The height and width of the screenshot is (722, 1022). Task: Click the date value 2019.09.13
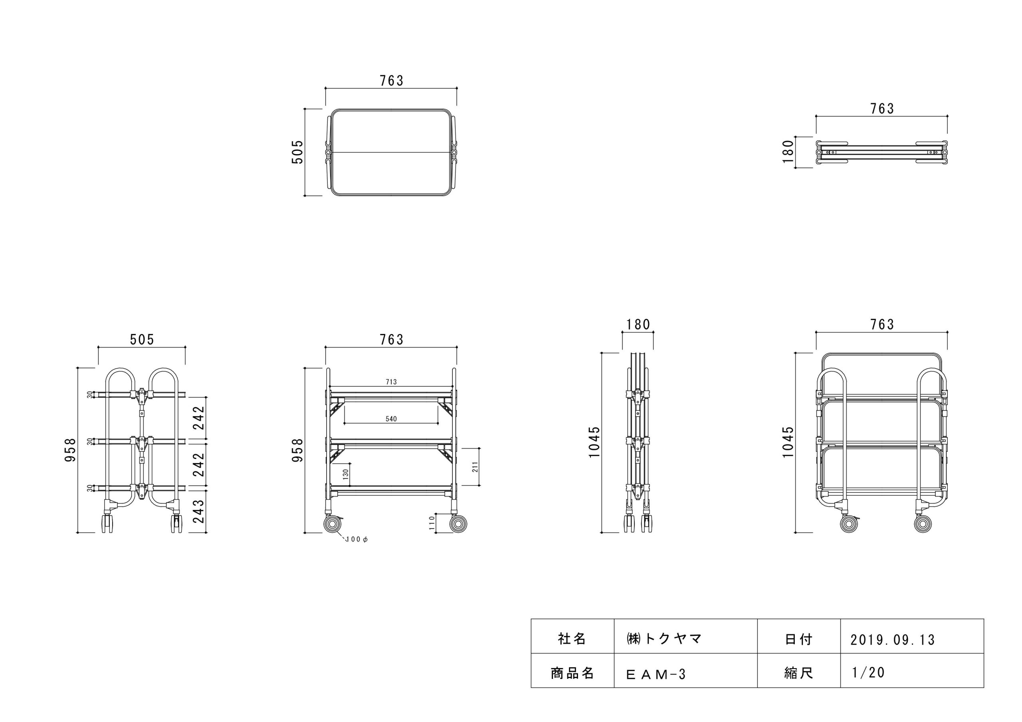(x=893, y=640)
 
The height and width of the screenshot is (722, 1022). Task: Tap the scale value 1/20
(x=868, y=672)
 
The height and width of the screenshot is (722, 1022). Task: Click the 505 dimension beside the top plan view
(x=297, y=152)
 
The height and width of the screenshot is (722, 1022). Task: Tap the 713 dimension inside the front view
(x=391, y=382)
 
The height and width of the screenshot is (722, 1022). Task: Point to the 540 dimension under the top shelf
(x=391, y=419)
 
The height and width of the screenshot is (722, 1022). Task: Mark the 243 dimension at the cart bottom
(x=198, y=511)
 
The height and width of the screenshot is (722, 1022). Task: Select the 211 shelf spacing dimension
(x=475, y=467)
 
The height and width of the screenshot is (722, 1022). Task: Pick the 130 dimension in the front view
(x=346, y=475)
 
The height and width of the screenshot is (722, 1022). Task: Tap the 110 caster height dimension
(x=431, y=522)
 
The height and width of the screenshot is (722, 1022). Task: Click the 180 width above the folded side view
(x=638, y=324)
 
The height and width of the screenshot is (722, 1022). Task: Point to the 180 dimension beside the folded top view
(x=788, y=152)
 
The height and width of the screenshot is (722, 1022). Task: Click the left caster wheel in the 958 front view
(x=332, y=524)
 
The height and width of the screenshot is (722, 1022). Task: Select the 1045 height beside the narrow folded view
(x=594, y=442)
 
